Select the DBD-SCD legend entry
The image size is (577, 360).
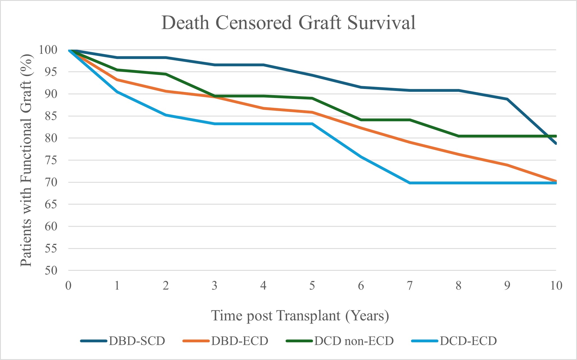137,341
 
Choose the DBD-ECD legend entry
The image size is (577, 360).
240,341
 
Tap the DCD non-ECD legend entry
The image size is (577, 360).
354,341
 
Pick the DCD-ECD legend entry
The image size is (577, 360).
468,341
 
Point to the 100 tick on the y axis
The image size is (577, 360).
48,50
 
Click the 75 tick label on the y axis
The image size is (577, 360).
51,160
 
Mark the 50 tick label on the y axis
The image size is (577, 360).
51,270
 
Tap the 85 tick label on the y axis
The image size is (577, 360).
51,116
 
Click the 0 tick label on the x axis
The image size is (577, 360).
68,286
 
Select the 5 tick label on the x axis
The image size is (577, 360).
312,286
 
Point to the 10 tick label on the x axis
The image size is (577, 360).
556,286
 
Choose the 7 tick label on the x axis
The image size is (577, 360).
410,286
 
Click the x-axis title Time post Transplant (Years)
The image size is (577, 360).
300,316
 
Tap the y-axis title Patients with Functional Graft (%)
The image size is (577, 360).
26,160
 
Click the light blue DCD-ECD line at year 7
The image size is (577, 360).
410,183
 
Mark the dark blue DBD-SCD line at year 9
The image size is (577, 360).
507,99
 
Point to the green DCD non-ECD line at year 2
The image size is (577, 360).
166,74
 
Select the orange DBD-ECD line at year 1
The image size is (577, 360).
117,80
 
